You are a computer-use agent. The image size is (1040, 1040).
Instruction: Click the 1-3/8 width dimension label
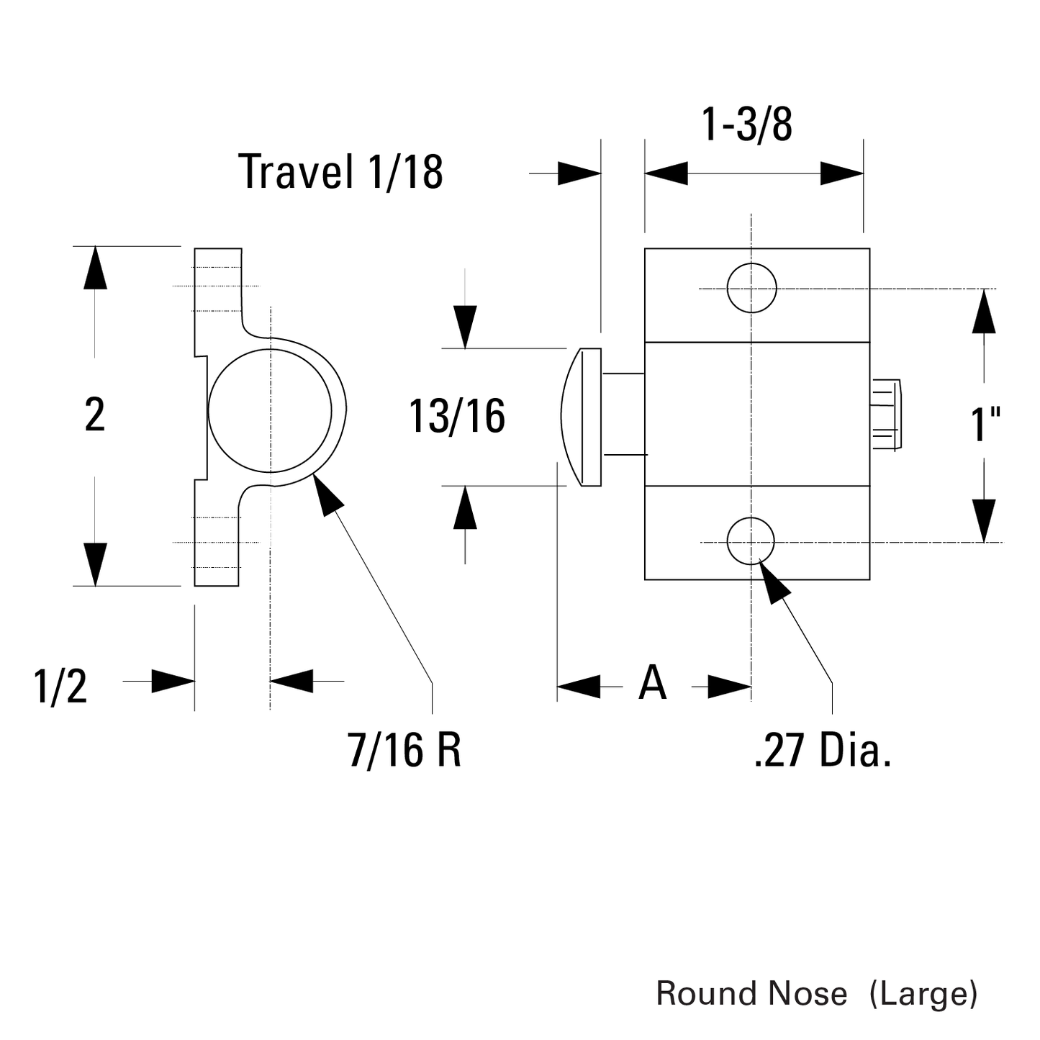(x=746, y=125)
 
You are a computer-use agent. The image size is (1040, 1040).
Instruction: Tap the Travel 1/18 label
(x=340, y=172)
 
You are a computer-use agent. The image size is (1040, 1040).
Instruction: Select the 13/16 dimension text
(x=457, y=417)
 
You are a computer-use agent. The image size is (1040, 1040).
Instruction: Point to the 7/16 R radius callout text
(x=404, y=749)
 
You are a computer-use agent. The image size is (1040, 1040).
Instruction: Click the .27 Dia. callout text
(x=823, y=750)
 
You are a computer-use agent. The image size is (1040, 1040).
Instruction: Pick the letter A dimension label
(x=652, y=683)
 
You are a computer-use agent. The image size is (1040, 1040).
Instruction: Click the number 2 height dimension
(x=95, y=415)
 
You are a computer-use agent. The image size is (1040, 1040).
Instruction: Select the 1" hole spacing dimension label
(x=986, y=423)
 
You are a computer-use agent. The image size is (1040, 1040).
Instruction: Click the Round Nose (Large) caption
(x=816, y=994)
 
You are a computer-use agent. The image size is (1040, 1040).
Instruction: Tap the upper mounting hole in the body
(x=751, y=288)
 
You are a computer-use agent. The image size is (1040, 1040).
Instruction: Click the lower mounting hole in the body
(x=751, y=541)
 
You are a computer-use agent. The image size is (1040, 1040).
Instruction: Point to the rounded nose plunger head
(x=582, y=417)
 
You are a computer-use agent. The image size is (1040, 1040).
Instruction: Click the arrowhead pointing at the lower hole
(x=773, y=582)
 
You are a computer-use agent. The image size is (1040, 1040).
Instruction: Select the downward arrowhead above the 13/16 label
(x=465, y=327)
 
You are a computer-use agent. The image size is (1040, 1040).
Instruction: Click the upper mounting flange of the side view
(x=217, y=288)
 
